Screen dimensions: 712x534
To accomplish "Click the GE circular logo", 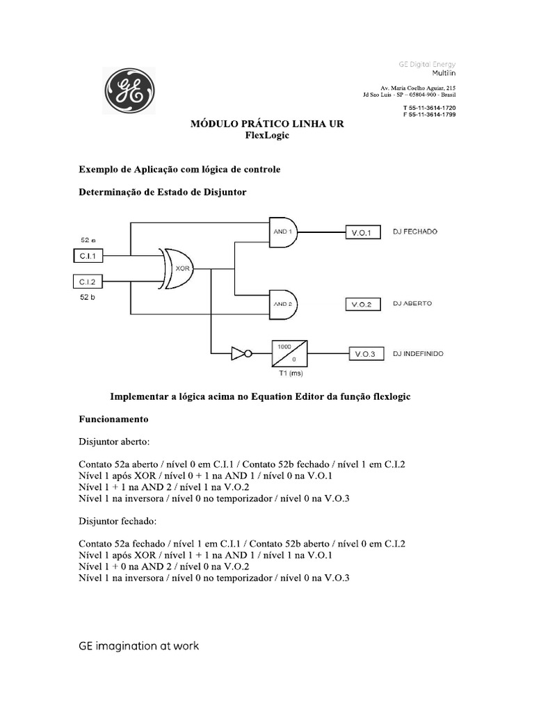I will (129, 91).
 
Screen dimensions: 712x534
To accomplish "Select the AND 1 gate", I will (283, 231).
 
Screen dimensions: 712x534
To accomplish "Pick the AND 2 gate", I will (283, 304).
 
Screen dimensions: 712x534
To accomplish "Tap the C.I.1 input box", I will (88, 257).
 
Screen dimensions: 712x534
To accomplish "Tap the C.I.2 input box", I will (88, 281).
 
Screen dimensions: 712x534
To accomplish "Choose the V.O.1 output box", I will (364, 232).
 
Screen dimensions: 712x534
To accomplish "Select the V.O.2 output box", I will (364, 305).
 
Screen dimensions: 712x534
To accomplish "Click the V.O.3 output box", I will (364, 354).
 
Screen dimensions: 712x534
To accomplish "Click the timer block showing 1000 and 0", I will (289, 353).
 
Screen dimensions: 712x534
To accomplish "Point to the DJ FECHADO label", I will (415, 232).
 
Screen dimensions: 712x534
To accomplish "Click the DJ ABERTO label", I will (412, 304).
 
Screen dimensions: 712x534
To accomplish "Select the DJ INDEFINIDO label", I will (418, 353).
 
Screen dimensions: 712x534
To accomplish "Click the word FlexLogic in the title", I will (267, 135).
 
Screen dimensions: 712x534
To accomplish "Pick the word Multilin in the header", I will (444, 72).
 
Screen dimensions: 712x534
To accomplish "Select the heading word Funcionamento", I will (113, 420).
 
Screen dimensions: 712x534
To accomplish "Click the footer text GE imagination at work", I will (138, 646).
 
